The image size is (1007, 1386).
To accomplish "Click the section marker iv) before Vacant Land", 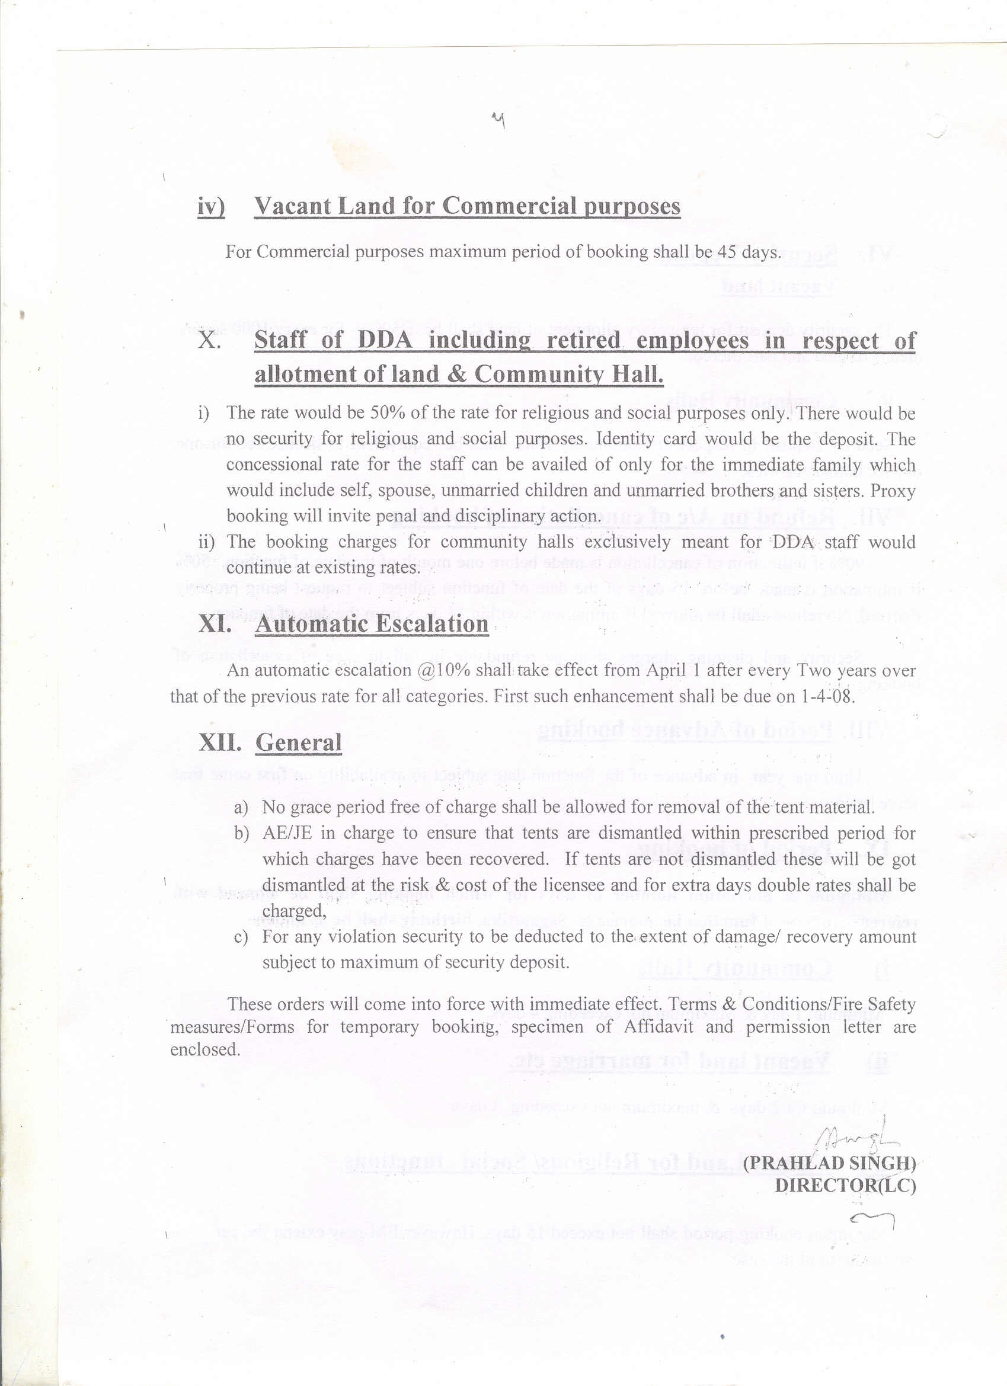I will click(211, 207).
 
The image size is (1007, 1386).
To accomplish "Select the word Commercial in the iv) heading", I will click(508, 207).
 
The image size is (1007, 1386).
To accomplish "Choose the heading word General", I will click(298, 743).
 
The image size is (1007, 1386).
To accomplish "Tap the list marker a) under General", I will click(241, 808).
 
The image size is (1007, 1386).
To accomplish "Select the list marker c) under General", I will click(241, 937).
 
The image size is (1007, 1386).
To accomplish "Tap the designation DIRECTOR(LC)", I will click(846, 1186).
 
